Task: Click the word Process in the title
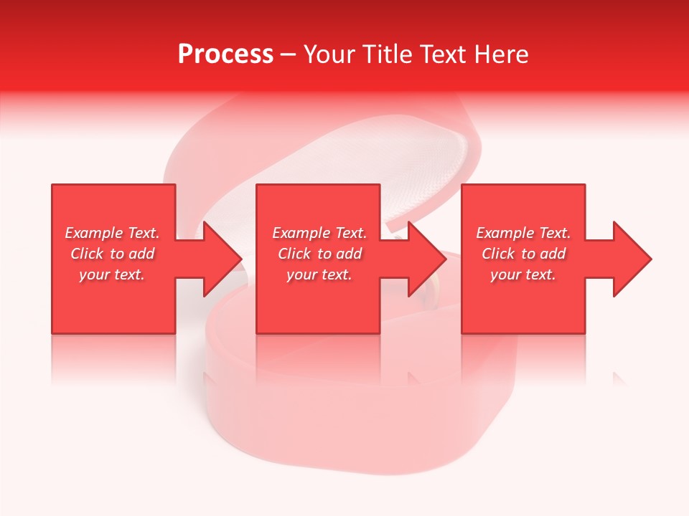pyautogui.click(x=225, y=54)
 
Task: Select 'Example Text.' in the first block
pyautogui.click(x=113, y=233)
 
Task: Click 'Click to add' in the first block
pyautogui.click(x=113, y=254)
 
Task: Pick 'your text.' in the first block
pyautogui.click(x=113, y=274)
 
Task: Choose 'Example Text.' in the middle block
pyautogui.click(x=319, y=233)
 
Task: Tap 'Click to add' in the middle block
pyautogui.click(x=319, y=254)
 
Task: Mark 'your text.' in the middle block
pyautogui.click(x=319, y=274)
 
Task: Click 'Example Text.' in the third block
pyautogui.click(x=523, y=233)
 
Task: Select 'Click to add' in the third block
pyautogui.click(x=523, y=254)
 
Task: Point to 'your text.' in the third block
pyautogui.click(x=523, y=274)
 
